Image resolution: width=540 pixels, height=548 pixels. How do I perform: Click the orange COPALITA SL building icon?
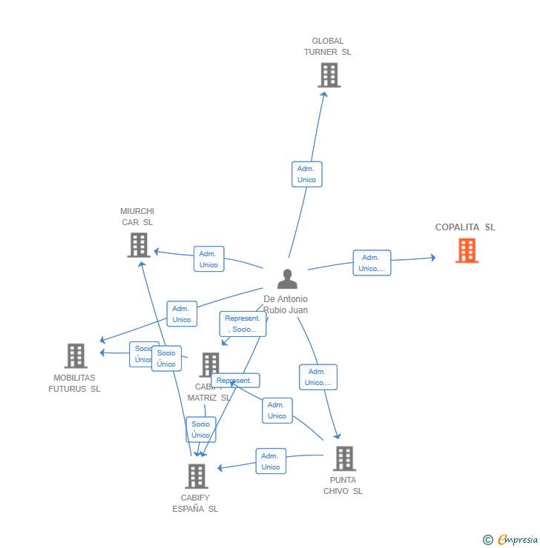[x=467, y=251]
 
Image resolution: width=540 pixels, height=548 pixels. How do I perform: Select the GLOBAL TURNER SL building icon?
[x=329, y=76]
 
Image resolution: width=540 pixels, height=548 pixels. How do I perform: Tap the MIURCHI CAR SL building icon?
[x=139, y=245]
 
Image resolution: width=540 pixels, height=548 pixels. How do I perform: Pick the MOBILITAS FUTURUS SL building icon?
[x=76, y=356]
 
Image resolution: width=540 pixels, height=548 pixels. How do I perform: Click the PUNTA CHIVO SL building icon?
[x=343, y=459]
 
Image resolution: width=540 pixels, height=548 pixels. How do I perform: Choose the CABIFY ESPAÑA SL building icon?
[x=196, y=476]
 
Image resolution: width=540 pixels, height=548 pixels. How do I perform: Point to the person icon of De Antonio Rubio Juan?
[x=287, y=279]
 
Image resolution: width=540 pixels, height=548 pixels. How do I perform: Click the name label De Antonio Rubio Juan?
[x=286, y=304]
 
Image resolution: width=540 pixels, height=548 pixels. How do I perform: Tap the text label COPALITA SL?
[x=465, y=227]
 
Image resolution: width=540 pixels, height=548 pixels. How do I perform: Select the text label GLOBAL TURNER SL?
[x=327, y=47]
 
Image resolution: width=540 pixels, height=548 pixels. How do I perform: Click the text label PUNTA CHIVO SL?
[x=343, y=486]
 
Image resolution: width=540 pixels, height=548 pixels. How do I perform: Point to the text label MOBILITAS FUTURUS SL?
[x=75, y=383]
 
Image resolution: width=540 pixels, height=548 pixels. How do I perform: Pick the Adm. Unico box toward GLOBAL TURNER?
[x=306, y=174]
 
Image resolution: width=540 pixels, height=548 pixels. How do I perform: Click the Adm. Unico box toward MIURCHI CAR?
[x=208, y=259]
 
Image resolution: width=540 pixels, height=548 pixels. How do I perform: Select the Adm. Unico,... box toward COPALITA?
[x=372, y=263]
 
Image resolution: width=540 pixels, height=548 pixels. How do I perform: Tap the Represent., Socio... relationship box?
[x=243, y=324]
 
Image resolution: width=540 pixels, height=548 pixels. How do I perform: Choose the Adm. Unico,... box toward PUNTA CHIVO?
[x=318, y=377]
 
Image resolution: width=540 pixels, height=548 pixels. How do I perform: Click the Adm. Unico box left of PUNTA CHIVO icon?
[x=271, y=461]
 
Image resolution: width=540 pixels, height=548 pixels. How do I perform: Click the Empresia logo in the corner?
[x=511, y=540]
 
